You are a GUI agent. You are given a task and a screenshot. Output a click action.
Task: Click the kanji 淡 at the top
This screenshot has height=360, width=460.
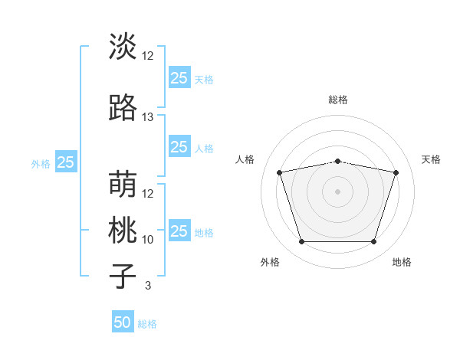123,46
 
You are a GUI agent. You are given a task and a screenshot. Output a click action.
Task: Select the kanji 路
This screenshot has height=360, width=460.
123,107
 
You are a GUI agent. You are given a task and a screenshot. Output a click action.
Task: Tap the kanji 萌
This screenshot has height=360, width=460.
123,184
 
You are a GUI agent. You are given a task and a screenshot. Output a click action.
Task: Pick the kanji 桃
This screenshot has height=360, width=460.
123,230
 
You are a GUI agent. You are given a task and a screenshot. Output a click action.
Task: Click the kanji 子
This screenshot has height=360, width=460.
123,276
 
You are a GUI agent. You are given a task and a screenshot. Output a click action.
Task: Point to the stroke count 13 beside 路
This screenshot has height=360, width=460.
147,117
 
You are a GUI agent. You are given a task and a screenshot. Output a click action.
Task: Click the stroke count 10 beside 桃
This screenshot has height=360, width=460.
147,240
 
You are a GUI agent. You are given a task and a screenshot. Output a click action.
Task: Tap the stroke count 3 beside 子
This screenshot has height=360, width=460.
148,285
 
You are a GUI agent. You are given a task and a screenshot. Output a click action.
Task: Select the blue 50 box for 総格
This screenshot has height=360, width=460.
123,321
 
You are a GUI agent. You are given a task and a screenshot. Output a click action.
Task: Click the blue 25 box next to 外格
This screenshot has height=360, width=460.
66,162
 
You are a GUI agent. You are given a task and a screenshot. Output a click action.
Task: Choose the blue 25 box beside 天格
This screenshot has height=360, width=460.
180,77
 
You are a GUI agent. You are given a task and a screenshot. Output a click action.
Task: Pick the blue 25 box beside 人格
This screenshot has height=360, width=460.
180,146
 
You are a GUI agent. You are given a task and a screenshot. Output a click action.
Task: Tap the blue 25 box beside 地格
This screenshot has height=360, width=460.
180,230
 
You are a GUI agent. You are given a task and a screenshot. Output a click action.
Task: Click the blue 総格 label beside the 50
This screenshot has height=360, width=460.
147,324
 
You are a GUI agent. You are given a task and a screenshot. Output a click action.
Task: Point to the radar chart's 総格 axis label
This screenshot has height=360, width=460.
338,100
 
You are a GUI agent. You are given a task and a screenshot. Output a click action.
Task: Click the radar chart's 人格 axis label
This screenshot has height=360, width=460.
245,159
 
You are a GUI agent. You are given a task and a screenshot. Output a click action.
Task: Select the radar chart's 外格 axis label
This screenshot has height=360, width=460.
270,262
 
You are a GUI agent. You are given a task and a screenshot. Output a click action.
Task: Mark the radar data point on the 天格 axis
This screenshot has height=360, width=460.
396,172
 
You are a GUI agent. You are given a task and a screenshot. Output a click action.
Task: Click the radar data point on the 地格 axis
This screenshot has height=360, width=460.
374,242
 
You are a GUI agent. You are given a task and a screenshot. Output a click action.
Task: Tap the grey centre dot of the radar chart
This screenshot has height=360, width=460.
337,191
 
